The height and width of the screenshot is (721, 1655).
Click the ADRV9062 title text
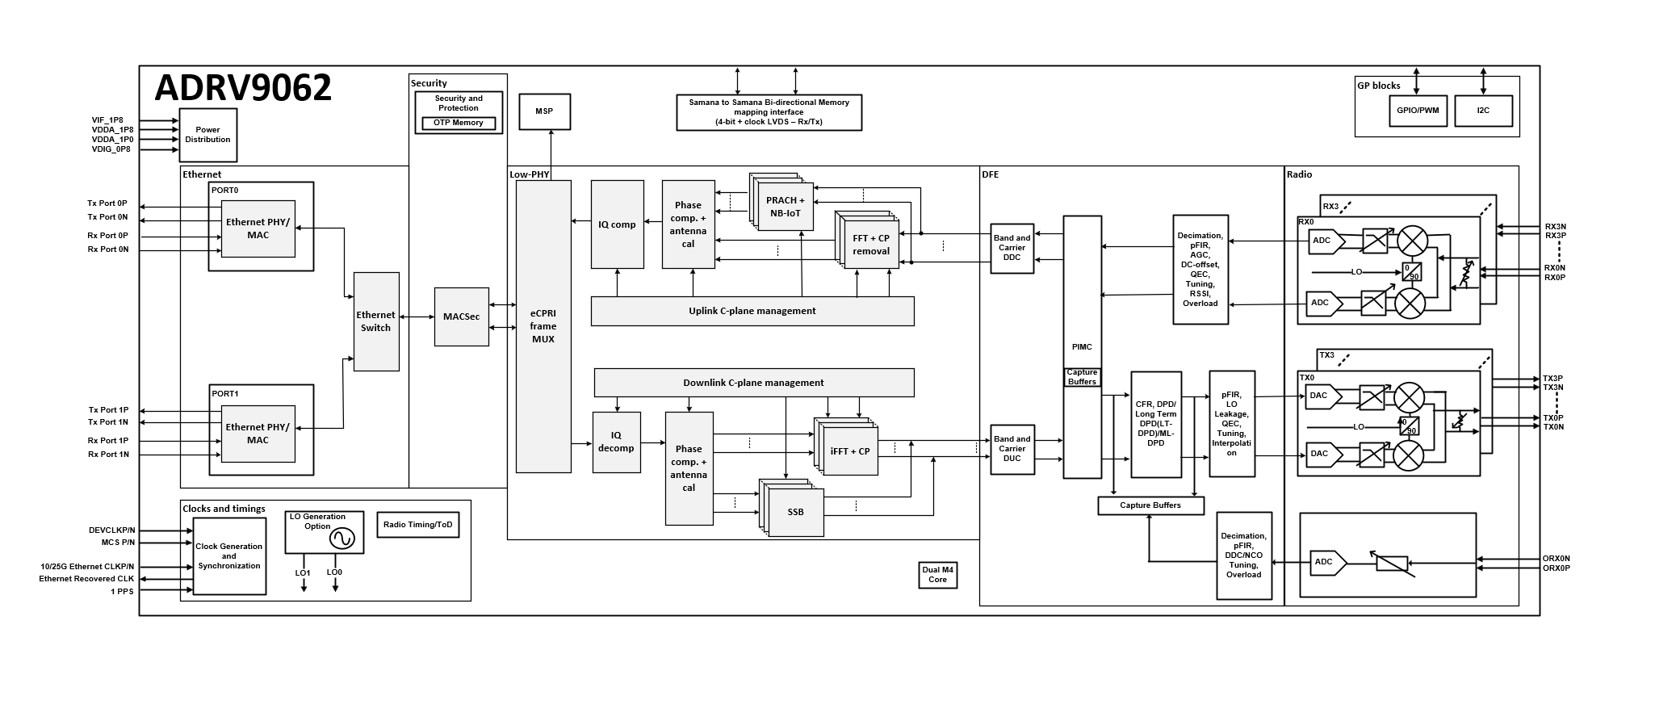[x=243, y=88]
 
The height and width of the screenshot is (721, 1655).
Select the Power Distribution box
[x=207, y=135]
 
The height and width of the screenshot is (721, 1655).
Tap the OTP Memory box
[x=458, y=124]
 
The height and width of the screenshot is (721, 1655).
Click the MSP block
[x=544, y=111]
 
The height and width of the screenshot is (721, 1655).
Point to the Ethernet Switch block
[x=375, y=321]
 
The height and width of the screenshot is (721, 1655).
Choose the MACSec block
[x=461, y=316]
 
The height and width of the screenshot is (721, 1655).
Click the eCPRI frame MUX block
[x=543, y=326]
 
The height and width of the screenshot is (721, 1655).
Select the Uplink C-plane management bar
[x=752, y=311]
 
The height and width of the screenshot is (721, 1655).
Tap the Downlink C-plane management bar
[x=753, y=383]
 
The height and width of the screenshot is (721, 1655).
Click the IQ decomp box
[x=616, y=442]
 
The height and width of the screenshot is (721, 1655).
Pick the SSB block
[x=795, y=512]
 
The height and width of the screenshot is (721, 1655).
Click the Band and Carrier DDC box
[x=1012, y=248]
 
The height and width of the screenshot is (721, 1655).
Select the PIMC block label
[x=1082, y=347]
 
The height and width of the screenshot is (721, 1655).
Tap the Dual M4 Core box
[x=937, y=575]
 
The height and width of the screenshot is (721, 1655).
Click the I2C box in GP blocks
[x=1483, y=111]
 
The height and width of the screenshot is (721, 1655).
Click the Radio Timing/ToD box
[x=417, y=525]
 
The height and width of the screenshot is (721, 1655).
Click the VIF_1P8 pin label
[x=107, y=120]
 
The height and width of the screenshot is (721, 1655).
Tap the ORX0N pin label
[x=1556, y=559]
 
